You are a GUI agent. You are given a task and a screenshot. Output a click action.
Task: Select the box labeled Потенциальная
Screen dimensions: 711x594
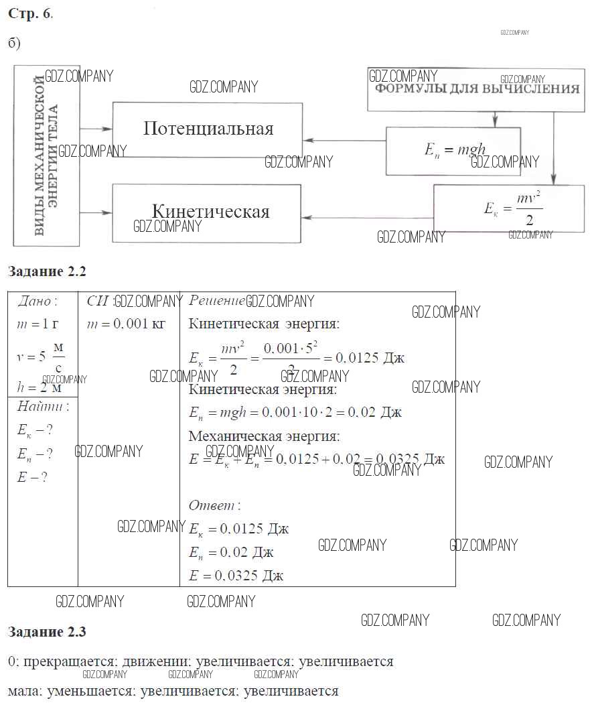coord(208,130)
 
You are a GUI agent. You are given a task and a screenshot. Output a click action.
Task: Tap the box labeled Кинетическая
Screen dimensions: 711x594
coord(208,213)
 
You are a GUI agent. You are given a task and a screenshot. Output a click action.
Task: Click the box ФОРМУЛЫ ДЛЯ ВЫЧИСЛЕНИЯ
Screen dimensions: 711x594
coord(476,89)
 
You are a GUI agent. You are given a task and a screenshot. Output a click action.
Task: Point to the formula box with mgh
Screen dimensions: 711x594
coord(453,151)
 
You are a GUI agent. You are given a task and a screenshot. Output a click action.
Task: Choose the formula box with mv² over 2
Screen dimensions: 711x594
coord(509,208)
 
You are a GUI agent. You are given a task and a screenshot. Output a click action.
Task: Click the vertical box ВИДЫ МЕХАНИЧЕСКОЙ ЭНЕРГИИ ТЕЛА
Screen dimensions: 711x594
coord(46,156)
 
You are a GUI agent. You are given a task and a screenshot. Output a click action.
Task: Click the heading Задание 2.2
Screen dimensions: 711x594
coord(47,271)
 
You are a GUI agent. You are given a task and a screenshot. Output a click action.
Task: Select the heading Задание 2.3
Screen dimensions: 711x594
coord(47,631)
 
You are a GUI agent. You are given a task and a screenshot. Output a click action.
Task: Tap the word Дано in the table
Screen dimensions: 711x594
coord(38,302)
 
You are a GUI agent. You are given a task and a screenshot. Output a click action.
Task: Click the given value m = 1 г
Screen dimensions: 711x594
coord(38,325)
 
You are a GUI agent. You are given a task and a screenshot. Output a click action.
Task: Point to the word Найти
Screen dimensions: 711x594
coord(43,406)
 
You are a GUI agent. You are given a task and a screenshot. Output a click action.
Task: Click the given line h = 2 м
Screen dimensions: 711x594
coord(40,387)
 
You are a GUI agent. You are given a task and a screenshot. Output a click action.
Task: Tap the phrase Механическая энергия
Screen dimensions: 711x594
coord(264,437)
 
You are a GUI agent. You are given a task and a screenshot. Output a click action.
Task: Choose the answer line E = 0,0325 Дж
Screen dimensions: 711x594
coord(236,576)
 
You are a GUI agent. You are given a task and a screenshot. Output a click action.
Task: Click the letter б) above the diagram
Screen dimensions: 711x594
coord(15,44)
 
